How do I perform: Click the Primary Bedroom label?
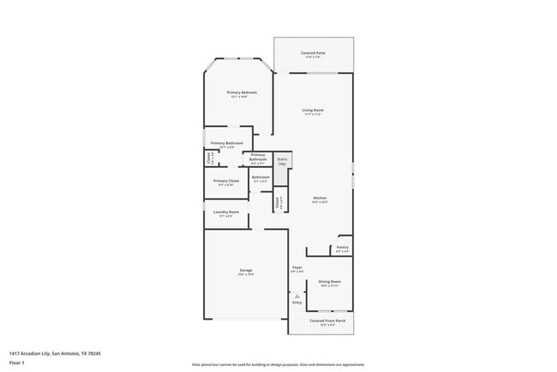pos(243,92)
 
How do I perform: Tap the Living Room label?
pos(312,110)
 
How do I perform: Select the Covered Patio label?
pos(312,53)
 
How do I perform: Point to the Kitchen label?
pos(320,198)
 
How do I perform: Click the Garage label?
pos(245,271)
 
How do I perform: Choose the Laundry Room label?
pos(227,212)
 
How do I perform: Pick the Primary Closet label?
pos(226,181)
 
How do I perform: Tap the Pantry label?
pos(342,248)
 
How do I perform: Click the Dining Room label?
pos(330,281)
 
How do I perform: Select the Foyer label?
pos(297,267)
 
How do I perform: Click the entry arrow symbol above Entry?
pos(297,295)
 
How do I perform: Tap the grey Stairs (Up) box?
pos(282,160)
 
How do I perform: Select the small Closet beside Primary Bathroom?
pos(209,158)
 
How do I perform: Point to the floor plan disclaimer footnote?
pos(278,363)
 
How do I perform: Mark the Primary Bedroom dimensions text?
pos(243,97)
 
